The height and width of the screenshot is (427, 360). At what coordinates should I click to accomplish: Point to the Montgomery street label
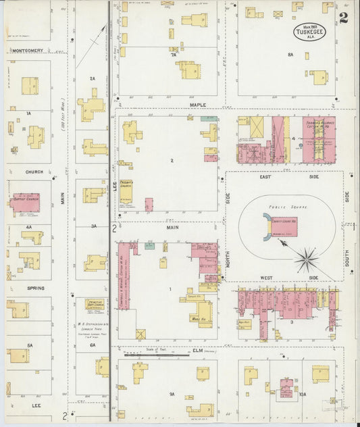pyautogui.click(x=27, y=50)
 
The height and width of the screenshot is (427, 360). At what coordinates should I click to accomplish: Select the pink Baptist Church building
pyautogui.click(x=26, y=202)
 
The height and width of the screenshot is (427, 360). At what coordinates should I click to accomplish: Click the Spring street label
pyautogui.click(x=35, y=288)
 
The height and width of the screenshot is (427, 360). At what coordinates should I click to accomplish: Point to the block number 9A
pyautogui.click(x=172, y=393)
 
